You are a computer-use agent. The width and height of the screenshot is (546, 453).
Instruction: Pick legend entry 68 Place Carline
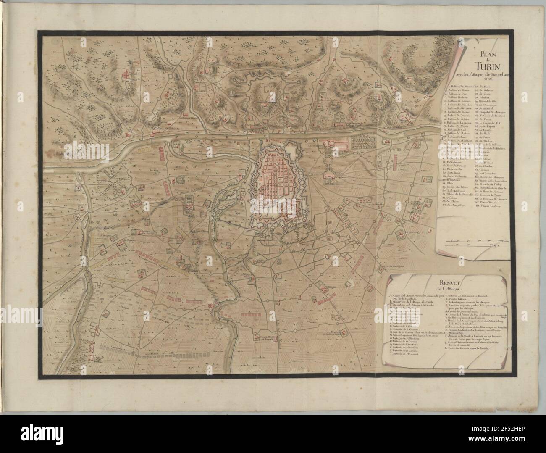(x=483, y=205)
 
